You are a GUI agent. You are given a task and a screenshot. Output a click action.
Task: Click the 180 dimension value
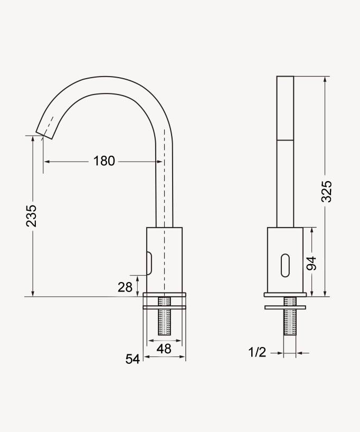104,161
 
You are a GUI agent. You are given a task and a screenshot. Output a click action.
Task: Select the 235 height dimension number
32,215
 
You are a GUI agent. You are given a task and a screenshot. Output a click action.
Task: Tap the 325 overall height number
327,191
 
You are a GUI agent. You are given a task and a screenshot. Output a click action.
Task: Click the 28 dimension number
125,287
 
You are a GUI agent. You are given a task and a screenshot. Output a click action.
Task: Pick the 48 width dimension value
164,349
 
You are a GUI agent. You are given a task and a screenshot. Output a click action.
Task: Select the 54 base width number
132,359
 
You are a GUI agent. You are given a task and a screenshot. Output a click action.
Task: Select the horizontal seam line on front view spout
285,140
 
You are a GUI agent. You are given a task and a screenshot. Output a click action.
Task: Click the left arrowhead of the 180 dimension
46,161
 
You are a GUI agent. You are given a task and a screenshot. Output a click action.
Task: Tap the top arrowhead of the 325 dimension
325,79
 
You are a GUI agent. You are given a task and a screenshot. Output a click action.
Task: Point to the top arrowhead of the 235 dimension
33,138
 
